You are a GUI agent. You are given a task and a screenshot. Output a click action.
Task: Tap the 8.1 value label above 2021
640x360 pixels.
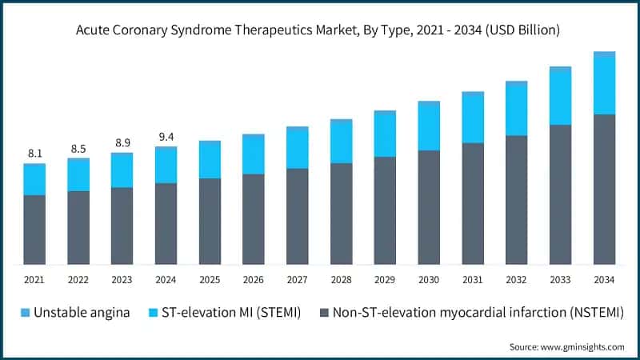(x=34, y=153)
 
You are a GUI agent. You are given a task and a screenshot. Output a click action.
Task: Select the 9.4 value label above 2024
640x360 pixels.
(x=166, y=136)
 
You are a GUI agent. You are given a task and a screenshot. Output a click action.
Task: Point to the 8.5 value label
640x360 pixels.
(x=78, y=148)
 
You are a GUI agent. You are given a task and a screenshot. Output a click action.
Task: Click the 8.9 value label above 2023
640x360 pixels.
(x=122, y=142)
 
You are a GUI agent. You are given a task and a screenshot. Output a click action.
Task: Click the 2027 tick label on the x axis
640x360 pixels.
(x=298, y=280)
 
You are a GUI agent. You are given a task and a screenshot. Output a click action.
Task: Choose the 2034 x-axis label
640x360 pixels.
(x=604, y=280)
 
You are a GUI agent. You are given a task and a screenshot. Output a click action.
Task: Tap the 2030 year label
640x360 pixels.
(x=429, y=280)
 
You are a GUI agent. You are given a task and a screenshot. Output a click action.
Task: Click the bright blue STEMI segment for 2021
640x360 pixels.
(x=34, y=181)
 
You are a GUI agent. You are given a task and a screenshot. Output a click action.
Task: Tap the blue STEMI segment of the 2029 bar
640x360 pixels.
(x=385, y=135)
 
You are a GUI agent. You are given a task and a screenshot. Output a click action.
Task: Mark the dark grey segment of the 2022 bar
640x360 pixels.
(x=78, y=227)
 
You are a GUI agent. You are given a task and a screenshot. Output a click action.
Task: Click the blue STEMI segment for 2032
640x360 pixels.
(x=516, y=110)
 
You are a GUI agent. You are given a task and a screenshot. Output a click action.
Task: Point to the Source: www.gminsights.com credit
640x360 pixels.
(x=566, y=346)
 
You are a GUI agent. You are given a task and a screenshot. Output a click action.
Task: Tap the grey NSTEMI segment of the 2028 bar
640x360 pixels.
(x=342, y=214)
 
